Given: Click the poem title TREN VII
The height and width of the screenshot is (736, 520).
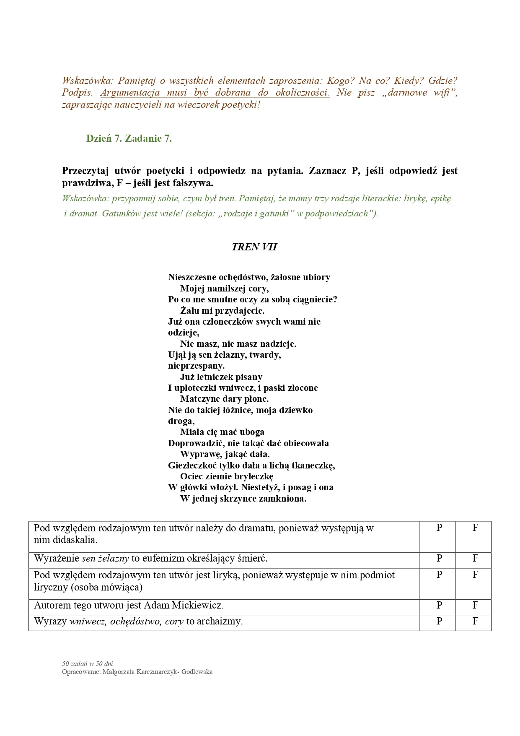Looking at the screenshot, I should click(x=254, y=247).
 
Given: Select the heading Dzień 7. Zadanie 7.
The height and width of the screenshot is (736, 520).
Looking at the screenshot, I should click(x=129, y=138).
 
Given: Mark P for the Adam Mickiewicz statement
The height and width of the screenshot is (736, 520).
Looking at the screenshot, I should click(x=439, y=605).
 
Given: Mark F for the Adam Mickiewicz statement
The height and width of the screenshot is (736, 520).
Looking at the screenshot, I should click(x=475, y=605).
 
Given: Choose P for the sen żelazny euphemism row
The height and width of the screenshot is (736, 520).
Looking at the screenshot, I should click(x=439, y=558).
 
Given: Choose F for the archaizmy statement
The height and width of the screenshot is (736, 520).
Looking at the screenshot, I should click(x=475, y=621).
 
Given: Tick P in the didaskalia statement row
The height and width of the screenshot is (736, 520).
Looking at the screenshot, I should click(x=439, y=528).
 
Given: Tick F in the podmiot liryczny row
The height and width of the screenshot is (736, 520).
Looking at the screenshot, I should click(x=475, y=575).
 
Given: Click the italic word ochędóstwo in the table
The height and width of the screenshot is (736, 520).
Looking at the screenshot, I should click(x=136, y=621).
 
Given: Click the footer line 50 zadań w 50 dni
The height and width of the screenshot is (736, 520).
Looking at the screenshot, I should click(x=88, y=663).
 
